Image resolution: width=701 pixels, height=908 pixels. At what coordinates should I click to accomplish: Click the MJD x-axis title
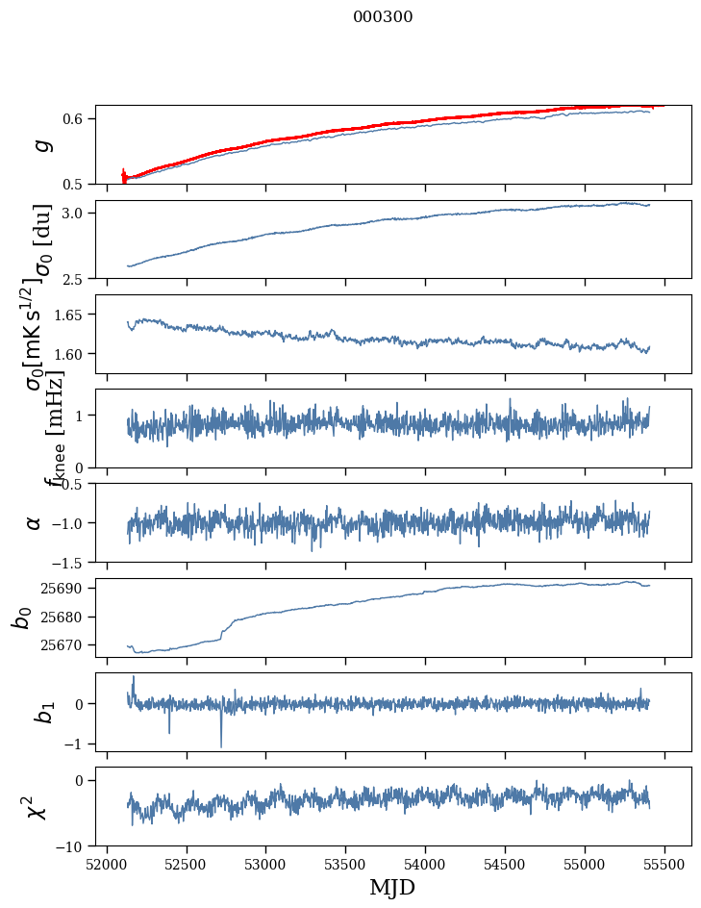pos(392,888)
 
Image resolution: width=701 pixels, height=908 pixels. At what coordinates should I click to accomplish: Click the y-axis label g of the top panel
pos(39,145)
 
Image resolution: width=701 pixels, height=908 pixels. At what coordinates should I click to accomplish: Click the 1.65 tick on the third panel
pos(71,315)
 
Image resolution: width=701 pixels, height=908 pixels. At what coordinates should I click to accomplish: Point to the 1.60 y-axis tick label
pos(71,354)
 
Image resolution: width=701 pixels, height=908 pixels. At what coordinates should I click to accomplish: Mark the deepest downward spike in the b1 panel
pos(221,745)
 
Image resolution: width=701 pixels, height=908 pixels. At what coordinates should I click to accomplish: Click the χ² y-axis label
pos(37,807)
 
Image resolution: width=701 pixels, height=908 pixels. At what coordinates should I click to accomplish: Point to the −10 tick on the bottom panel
pos(68,846)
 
